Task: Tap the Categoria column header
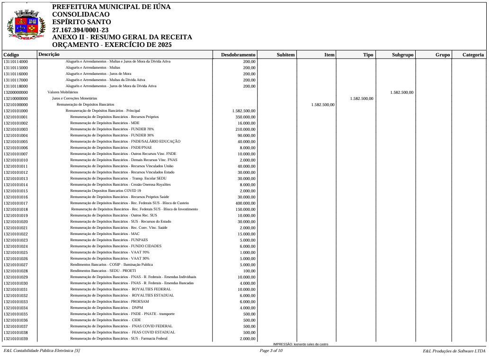pyautogui.click(x=473, y=55)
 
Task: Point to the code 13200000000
pyautogui.click(x=16, y=92)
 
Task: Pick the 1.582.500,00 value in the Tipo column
pyautogui.click(x=362, y=99)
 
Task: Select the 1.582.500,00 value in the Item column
pyautogui.click(x=323, y=105)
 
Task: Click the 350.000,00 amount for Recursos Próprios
pyautogui.click(x=245, y=117)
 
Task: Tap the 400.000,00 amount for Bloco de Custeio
pyautogui.click(x=245, y=203)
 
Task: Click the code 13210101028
pyautogui.click(x=16, y=270)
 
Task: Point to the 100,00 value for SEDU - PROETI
pyautogui.click(x=249, y=270)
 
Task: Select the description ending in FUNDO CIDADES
pyautogui.click(x=116, y=246)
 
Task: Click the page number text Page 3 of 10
pyautogui.click(x=271, y=351)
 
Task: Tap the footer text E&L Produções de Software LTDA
pyautogui.click(x=454, y=351)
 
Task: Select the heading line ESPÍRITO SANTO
pyautogui.click(x=81, y=22)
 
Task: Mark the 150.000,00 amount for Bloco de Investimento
pyautogui.click(x=245, y=209)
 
